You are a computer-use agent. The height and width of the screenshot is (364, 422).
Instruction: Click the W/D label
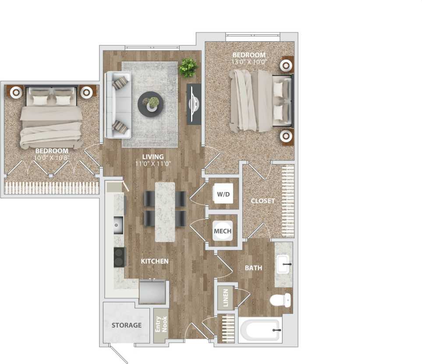point(223,194)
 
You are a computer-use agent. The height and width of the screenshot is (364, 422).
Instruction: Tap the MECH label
point(223,231)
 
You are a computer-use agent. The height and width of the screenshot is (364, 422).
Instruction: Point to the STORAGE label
point(127,325)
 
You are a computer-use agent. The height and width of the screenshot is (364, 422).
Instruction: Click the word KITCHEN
point(155,261)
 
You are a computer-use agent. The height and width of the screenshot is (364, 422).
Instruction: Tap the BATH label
point(253,267)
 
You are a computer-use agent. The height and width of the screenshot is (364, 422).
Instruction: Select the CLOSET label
point(263,201)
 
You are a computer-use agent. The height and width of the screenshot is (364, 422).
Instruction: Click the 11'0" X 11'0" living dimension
point(153,164)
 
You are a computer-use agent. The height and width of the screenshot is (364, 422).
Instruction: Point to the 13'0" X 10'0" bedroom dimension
point(248,62)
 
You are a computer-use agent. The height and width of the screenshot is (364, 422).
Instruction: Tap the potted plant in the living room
point(188,67)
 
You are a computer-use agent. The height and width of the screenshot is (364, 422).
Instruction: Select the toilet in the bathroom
point(280,300)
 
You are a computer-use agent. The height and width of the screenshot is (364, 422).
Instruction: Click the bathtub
point(259,329)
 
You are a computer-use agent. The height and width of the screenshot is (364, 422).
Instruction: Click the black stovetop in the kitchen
point(119,257)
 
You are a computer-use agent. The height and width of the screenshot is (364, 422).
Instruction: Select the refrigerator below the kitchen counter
point(152,292)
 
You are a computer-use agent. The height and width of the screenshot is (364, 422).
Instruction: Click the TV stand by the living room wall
point(194,103)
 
